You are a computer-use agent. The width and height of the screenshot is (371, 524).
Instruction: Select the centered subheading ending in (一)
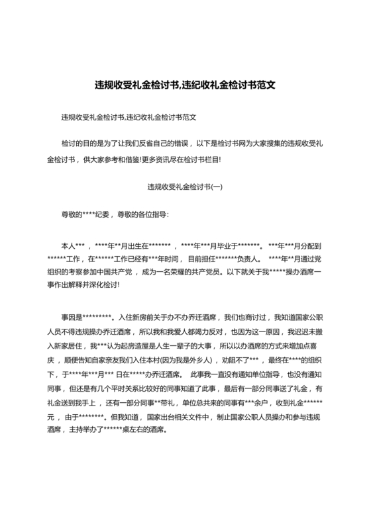[x=185, y=187]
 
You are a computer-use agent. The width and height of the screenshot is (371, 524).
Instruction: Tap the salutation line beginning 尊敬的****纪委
[x=115, y=215]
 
